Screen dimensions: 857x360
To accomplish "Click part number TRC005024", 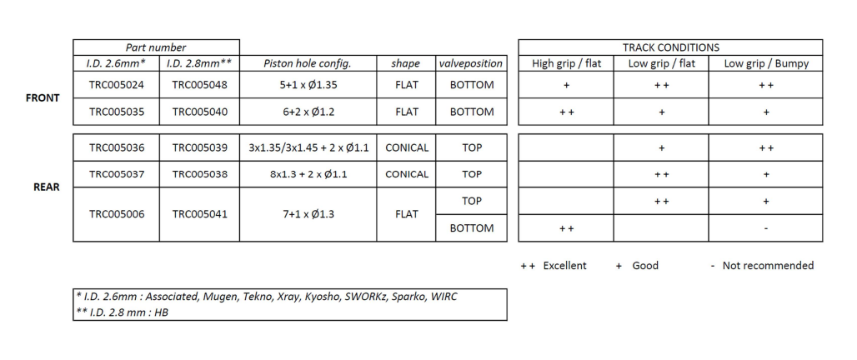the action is point(117,85).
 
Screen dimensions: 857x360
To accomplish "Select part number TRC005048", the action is point(199,85).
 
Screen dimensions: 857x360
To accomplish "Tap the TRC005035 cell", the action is point(117,112).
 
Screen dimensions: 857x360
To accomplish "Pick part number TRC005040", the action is point(199,112).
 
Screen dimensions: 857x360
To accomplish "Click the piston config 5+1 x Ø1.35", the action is point(308,85).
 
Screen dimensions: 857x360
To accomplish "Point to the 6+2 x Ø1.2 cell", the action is point(308,112).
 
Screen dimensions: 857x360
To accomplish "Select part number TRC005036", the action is point(117,147).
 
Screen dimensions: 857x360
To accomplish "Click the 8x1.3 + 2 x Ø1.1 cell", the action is point(308,174).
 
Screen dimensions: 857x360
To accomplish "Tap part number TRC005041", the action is point(199,214).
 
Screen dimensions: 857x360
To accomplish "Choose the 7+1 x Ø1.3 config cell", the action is point(308,214).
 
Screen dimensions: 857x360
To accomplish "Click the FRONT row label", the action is point(43,98).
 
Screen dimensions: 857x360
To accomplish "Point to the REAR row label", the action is point(47,187).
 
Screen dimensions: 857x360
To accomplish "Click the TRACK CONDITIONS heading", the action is point(670,47).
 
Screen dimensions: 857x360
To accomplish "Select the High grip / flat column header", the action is point(566,63).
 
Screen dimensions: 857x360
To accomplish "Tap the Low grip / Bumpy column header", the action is point(766,63).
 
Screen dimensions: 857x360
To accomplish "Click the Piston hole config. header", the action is point(308,63).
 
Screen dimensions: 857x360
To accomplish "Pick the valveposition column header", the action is point(471,63).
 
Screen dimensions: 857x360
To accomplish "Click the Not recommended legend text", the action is point(768,266).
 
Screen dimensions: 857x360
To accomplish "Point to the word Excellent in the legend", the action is point(564,266).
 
